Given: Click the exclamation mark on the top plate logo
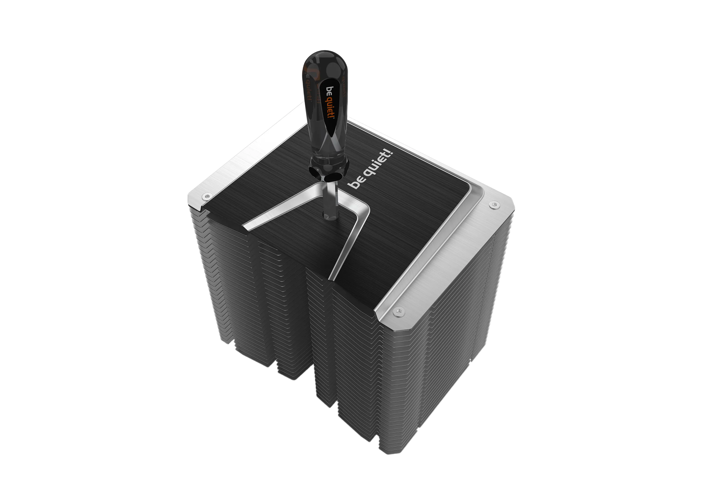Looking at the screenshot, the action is [390, 153].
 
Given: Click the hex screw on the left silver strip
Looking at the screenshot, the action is [206, 196].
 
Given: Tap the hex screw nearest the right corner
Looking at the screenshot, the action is [494, 205].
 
